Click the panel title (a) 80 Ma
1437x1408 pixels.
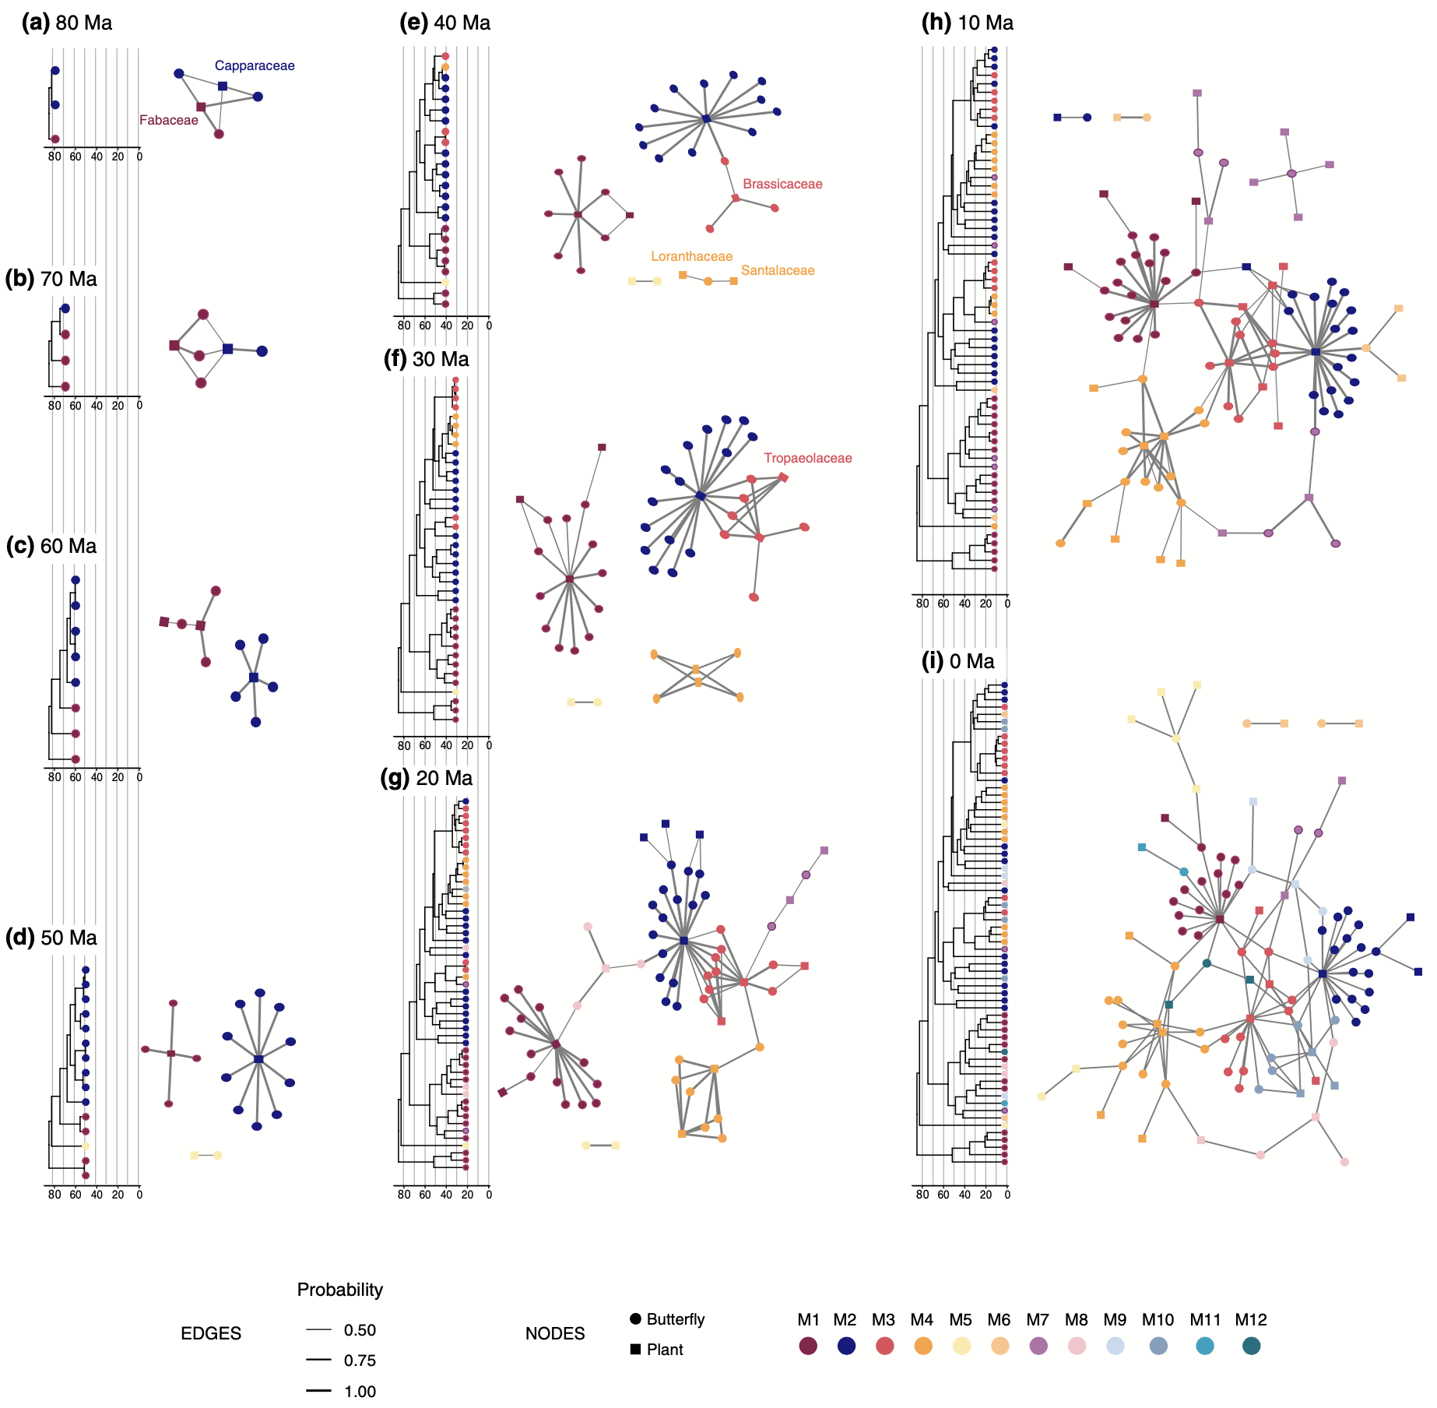pos(67,23)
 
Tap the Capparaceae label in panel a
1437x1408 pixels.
pos(255,65)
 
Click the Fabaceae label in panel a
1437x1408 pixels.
pos(169,120)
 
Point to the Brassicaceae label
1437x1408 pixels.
pos(782,184)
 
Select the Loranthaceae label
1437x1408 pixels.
pos(691,256)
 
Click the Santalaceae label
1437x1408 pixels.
pos(778,270)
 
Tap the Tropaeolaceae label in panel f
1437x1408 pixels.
pos(807,458)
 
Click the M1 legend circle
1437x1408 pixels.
pos(808,1346)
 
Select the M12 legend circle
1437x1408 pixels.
pos(1251,1346)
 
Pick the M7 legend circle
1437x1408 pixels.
pos(1038,1346)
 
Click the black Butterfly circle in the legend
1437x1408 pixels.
pos(636,1318)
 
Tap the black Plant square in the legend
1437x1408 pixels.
pos(636,1349)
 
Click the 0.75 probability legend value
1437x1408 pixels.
pos(360,1360)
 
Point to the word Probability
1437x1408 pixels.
pos(340,1290)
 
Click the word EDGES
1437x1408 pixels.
pos(211,1333)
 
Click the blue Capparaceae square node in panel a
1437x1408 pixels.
pos(223,86)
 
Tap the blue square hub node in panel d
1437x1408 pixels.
pos(258,1059)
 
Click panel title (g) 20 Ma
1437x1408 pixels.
pos(427,778)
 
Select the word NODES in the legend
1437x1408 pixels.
pos(555,1333)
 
